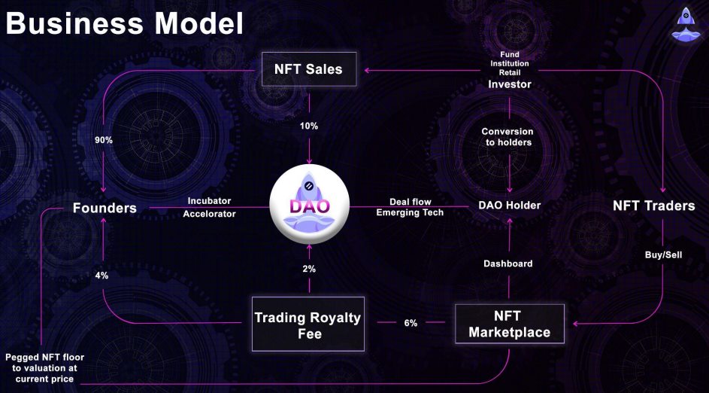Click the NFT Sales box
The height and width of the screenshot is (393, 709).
click(309, 69)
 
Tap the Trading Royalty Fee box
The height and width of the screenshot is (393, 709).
click(308, 324)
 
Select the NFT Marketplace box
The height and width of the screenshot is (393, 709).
click(510, 324)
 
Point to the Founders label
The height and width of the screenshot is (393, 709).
click(105, 208)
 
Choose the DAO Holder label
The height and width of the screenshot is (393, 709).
click(510, 205)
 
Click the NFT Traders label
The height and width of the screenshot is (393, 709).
click(654, 206)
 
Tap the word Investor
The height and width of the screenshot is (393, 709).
click(510, 84)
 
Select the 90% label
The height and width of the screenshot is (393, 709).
click(104, 140)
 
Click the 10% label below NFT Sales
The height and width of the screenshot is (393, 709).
click(309, 126)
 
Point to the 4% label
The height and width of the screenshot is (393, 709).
click(102, 275)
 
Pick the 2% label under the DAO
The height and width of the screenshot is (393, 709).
click(309, 269)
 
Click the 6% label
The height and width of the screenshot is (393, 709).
click(411, 323)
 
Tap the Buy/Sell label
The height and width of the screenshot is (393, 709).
click(663, 255)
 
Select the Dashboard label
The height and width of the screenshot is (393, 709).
click(508, 263)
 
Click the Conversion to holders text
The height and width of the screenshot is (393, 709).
click(508, 137)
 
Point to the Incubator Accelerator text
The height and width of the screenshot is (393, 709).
click(209, 207)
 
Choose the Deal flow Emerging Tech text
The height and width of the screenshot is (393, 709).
click(410, 207)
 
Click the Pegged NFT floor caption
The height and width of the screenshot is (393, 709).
click(44, 367)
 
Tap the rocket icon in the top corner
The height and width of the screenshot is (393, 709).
click(686, 23)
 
